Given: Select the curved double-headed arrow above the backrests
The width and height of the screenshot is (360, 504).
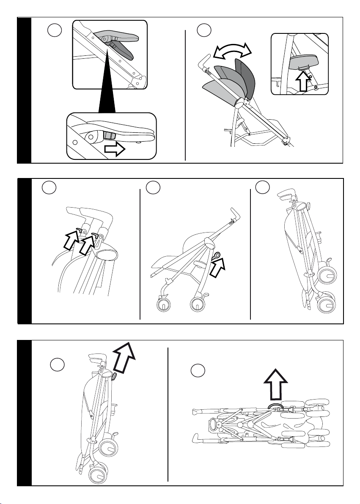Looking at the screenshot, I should [x=232, y=52].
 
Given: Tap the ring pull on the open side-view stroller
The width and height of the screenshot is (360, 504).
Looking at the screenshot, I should [x=217, y=255].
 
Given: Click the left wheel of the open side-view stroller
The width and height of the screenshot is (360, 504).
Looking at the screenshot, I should [x=162, y=306].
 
